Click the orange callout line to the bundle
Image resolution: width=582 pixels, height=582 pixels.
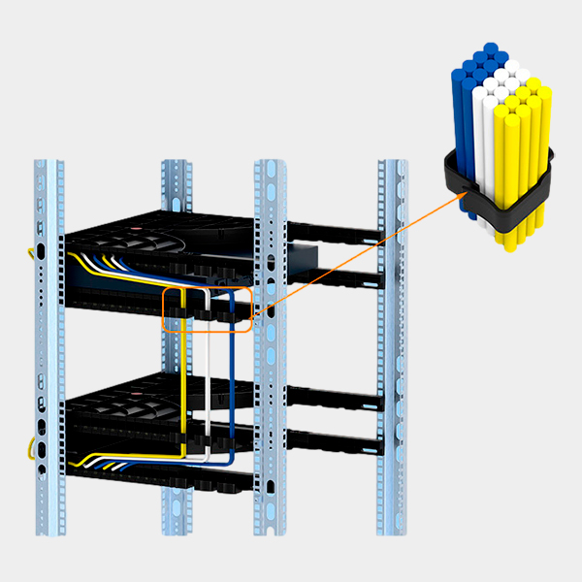359,252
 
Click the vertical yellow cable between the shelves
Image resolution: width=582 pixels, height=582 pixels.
182,369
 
